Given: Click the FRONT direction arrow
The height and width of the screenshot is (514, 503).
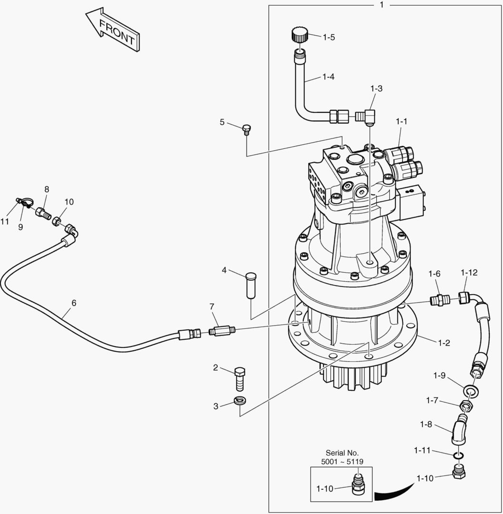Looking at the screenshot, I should (x=113, y=30).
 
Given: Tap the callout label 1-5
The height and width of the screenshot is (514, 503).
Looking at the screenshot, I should (x=329, y=37).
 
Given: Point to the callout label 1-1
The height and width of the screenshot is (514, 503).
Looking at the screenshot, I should (x=401, y=121).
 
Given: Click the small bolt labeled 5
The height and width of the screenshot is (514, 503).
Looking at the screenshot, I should (x=246, y=129).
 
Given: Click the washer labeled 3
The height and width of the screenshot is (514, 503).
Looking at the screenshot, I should (x=240, y=400).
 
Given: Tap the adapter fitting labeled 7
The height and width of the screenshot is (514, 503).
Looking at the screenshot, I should (x=222, y=330).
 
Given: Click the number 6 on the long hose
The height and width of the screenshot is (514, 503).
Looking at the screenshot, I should (x=74, y=303).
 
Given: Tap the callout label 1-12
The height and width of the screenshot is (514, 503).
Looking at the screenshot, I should (x=469, y=273).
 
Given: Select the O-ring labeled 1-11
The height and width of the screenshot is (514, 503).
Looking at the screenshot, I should (x=458, y=456).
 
